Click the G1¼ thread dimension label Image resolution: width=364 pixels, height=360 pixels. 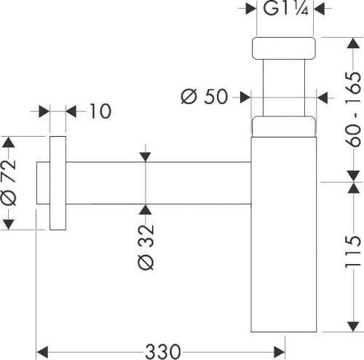point(285,9)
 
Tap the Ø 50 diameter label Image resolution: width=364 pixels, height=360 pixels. point(205,97)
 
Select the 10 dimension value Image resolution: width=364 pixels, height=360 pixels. point(100,111)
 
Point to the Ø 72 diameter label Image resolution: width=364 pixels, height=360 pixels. point(9,183)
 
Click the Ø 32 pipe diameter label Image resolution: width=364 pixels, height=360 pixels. point(146,247)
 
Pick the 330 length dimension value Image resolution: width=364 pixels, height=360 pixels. point(163,352)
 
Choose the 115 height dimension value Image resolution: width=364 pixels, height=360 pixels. point(353,252)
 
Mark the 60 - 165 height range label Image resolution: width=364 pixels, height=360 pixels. point(353,110)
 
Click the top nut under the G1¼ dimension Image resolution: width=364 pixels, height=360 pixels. point(284,48)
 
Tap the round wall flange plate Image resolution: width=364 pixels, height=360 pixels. point(58,183)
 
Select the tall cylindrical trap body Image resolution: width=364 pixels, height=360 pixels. point(284,234)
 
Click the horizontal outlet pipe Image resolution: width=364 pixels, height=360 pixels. point(158,183)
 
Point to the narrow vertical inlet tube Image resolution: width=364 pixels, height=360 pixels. point(284,88)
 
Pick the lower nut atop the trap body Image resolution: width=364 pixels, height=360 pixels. point(284,127)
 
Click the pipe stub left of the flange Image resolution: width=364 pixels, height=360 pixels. point(43,183)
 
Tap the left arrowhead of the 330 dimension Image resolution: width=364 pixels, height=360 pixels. point(41,352)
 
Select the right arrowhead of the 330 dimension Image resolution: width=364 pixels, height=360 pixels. point(279,352)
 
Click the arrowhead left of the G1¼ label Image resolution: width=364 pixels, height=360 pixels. point(251,9)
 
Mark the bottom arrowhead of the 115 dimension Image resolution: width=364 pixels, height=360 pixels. point(353,327)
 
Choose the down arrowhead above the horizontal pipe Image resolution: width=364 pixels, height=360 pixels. point(145,156)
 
